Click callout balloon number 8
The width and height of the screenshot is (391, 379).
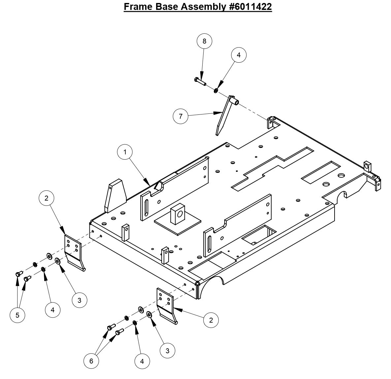coord(204,41)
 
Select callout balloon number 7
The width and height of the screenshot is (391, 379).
coord(180,116)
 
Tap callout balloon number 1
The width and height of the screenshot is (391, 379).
coord(125,152)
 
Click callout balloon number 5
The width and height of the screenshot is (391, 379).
coord(17,315)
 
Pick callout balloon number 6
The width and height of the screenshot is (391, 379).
coord(91,361)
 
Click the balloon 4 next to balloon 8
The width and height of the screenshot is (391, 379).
coord(239,55)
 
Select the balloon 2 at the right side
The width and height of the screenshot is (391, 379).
coord(211,320)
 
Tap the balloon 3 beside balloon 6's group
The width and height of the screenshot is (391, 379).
coord(167,350)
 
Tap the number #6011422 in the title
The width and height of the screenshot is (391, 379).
coord(250,7)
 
